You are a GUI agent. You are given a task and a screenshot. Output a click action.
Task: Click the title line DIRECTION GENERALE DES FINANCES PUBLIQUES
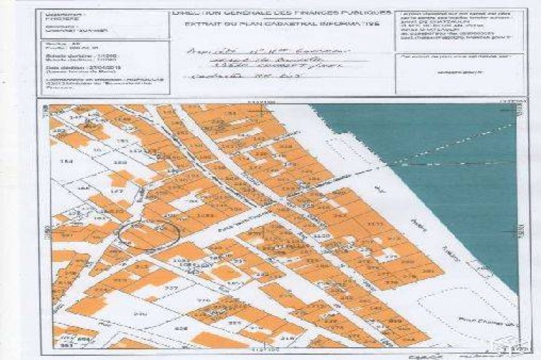tap(282, 13)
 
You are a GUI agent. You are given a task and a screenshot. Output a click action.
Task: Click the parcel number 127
tap(115, 192)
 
